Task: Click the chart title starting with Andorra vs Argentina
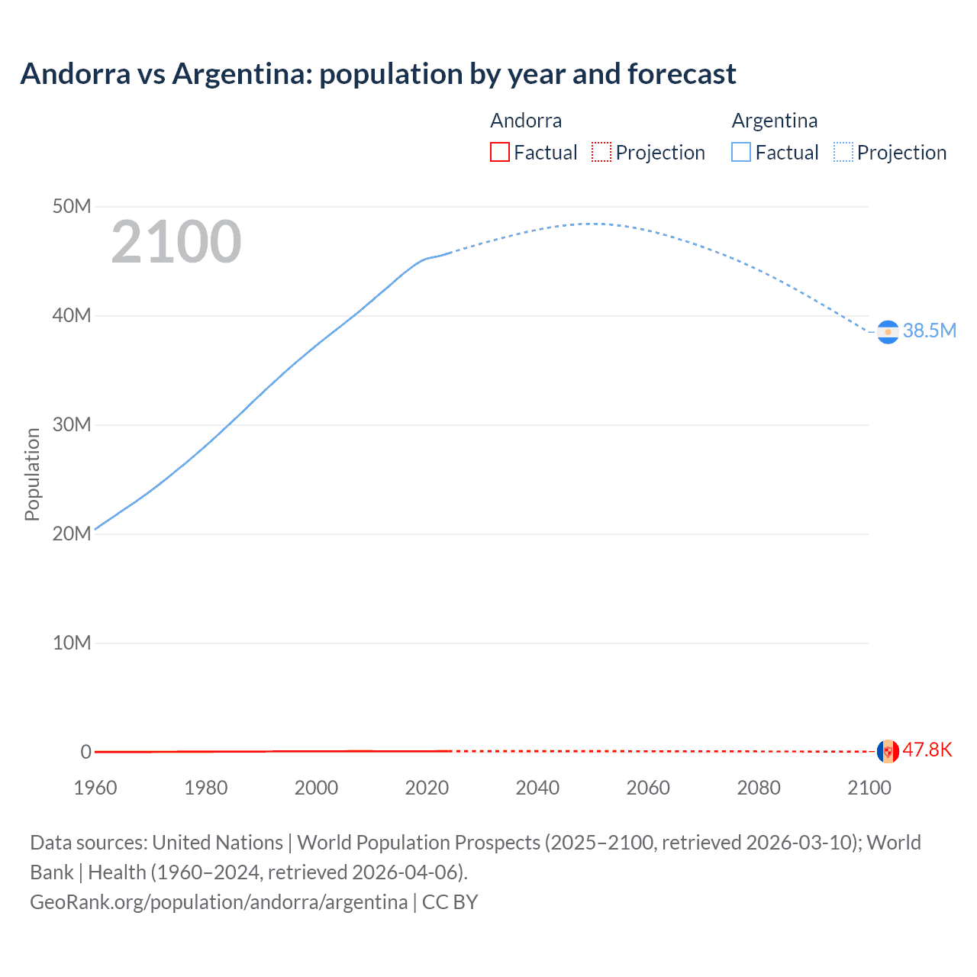coord(378,74)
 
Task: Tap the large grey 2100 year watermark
coord(176,242)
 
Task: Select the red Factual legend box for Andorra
coord(500,152)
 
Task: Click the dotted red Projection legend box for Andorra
coord(601,152)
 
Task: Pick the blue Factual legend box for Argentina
coord(741,152)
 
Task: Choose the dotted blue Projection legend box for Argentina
coord(843,152)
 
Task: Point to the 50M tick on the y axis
coord(72,207)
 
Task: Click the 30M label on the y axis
coord(72,424)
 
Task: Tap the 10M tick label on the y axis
coord(72,643)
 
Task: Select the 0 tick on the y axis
coord(85,752)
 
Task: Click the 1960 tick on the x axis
coord(95,788)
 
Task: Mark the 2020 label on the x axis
coord(427,788)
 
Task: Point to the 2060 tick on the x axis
coord(648,788)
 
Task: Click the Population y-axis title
coord(32,474)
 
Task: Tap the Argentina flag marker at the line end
coord(888,332)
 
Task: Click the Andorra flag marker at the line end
coord(888,751)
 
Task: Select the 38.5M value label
coord(929,331)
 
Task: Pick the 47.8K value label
coord(927,750)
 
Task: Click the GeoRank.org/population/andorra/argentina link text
coord(218,902)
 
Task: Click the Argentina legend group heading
coord(775,121)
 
